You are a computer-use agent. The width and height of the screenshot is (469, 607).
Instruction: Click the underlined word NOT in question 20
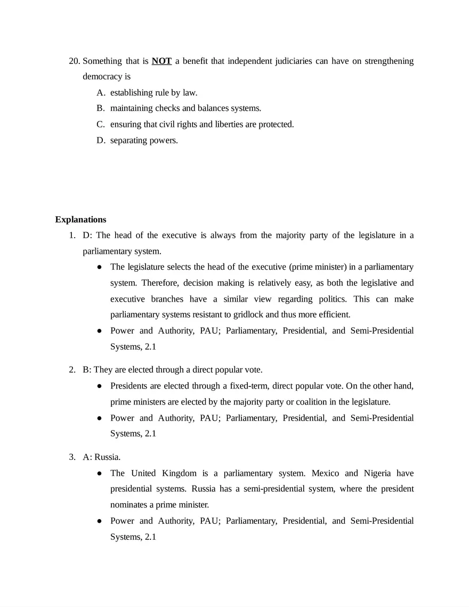pyautogui.click(x=161, y=61)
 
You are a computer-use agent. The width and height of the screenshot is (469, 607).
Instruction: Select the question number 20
pyautogui.click(x=74, y=61)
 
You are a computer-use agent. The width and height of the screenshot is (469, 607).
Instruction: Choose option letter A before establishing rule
pyautogui.click(x=100, y=93)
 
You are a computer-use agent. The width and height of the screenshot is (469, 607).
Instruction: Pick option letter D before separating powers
pyautogui.click(x=101, y=141)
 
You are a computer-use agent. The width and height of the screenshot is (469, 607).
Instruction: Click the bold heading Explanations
pyautogui.click(x=80, y=220)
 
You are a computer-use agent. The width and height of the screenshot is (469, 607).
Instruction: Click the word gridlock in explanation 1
pyautogui.click(x=249, y=315)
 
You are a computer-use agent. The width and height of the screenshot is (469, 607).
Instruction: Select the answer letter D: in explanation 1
pyautogui.click(x=88, y=236)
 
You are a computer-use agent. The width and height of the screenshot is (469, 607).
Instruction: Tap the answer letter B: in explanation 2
pyautogui.click(x=87, y=370)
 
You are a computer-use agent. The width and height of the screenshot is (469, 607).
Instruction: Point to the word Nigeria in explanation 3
pyautogui.click(x=378, y=473)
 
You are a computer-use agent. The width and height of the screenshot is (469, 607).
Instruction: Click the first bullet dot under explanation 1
pyautogui.click(x=100, y=267)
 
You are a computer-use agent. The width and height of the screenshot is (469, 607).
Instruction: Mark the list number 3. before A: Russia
pyautogui.click(x=72, y=457)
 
